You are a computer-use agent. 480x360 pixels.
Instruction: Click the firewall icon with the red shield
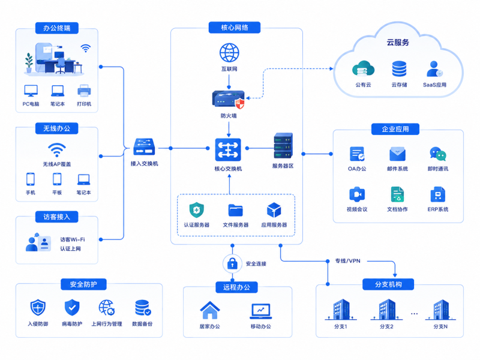click(229, 100)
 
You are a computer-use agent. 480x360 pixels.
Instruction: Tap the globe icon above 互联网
click(229, 53)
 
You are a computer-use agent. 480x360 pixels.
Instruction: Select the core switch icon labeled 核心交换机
click(228, 149)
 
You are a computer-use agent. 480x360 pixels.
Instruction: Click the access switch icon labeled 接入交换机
click(144, 147)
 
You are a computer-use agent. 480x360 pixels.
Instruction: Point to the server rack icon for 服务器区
click(283, 146)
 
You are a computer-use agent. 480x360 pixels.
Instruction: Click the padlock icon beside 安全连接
click(232, 263)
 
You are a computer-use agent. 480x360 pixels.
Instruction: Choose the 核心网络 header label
click(235, 28)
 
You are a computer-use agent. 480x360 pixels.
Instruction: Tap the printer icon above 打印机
click(84, 91)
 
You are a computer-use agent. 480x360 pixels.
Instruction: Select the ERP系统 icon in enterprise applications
click(438, 194)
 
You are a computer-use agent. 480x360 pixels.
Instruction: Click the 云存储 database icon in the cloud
click(399, 69)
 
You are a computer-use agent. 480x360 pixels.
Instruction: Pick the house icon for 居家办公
click(209, 310)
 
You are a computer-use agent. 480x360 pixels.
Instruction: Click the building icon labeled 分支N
click(440, 310)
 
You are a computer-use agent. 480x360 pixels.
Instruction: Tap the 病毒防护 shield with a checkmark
click(72, 307)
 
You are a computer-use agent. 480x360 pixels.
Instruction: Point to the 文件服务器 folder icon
click(235, 211)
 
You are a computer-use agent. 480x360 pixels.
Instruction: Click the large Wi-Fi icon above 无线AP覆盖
click(56, 150)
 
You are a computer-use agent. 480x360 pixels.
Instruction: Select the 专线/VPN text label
click(348, 261)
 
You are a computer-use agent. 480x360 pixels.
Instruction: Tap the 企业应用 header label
click(395, 129)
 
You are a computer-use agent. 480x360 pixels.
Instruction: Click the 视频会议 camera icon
click(357, 194)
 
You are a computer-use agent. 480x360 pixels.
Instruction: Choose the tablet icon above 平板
click(57, 179)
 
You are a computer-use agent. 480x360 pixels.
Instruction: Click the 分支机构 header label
click(388, 284)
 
